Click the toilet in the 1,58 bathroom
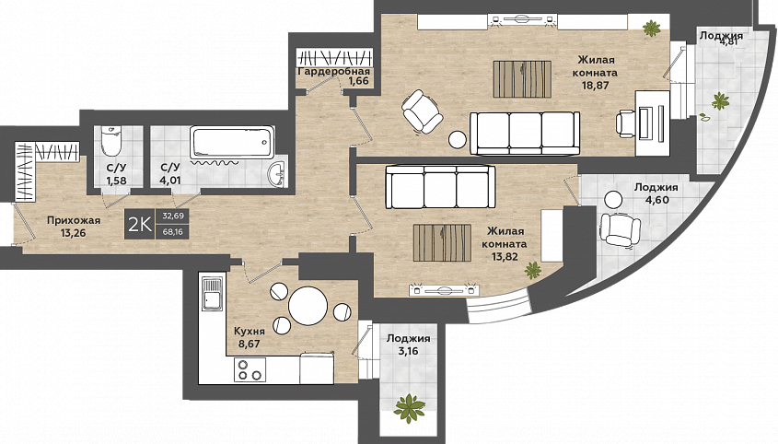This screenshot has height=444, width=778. click(110, 141)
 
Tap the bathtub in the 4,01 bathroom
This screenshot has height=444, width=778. click(232, 143)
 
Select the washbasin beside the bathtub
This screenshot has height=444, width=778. click(277, 174)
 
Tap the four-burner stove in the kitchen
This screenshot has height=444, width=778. click(250, 369)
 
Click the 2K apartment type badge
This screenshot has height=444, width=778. click(140, 225)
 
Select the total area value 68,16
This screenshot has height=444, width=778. click(173, 231)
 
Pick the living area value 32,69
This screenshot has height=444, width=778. click(173, 216)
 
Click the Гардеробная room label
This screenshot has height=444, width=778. click(333, 72)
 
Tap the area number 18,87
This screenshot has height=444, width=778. click(596, 85)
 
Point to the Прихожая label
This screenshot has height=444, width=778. click(74, 220)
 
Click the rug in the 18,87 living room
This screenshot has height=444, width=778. click(522, 79)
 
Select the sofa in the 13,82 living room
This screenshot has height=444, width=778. click(441, 187)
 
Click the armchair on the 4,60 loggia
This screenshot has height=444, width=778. click(620, 229)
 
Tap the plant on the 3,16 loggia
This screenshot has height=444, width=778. click(410, 408)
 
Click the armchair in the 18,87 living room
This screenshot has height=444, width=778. click(422, 111)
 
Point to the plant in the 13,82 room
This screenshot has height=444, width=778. click(533, 270)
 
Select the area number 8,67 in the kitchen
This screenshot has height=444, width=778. click(250, 344)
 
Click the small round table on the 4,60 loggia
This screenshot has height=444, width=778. click(613, 200)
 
